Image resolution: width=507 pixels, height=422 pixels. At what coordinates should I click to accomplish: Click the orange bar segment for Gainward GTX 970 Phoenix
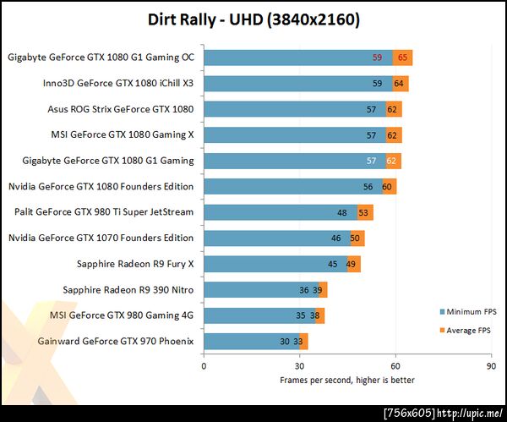coord(303,342)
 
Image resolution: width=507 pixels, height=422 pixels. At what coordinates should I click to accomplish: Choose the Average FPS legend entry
coord(463,329)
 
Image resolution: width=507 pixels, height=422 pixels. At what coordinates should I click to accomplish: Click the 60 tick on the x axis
coord(395,367)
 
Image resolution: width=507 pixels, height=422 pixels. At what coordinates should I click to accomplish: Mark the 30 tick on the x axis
coord(299,367)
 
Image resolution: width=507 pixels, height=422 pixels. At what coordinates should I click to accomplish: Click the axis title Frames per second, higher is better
coord(347,380)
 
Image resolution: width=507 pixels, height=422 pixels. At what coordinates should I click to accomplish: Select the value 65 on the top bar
coord(404,58)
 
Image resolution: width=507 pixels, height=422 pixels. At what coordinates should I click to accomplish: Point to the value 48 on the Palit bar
coord(342,213)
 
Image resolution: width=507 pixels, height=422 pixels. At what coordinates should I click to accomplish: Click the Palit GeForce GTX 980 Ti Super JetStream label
coord(105,212)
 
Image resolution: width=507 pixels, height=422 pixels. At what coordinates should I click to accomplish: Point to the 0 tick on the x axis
coord(204,367)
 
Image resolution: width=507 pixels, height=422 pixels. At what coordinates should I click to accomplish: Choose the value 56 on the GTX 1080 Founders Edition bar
coord(368,187)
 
